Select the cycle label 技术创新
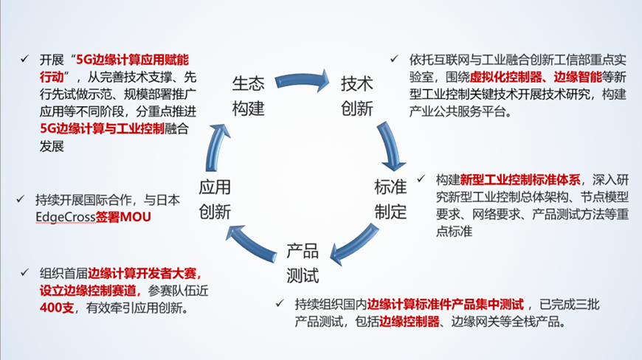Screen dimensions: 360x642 point(357,96)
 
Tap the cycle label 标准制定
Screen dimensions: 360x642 point(390,199)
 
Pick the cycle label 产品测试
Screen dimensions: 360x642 point(303,263)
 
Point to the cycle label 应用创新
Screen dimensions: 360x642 point(215,199)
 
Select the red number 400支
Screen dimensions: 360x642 point(58,307)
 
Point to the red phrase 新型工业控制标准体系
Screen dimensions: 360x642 point(521,179)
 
